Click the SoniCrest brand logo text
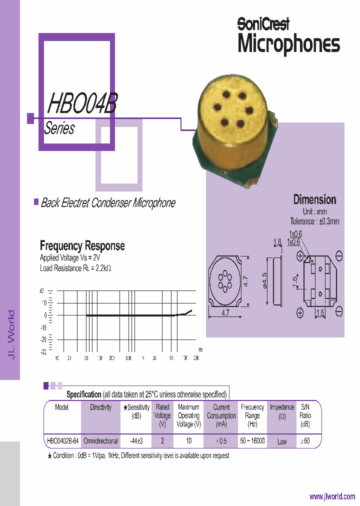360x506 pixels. [263, 23]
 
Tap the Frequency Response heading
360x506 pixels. [82, 245]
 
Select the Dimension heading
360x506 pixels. [314, 199]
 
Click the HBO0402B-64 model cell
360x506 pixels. [62, 441]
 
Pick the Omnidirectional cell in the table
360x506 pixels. [100, 441]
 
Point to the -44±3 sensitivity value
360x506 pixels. [136, 441]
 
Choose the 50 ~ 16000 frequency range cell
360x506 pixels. [252, 441]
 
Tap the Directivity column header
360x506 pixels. [100, 407]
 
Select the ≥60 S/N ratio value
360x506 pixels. [305, 441]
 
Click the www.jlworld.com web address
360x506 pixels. [332, 496]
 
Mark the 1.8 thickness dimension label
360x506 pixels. [277, 242]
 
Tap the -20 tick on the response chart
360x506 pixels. [43, 340]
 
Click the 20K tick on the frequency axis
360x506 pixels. [196, 358]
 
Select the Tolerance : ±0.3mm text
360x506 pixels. [314, 221]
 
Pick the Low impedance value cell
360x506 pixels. [282, 441]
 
